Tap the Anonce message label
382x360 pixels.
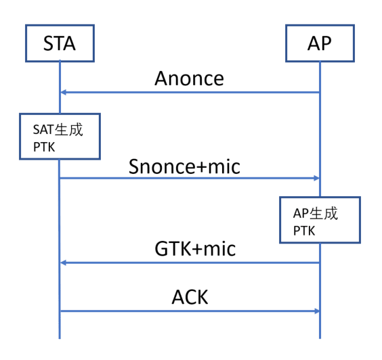point(189,78)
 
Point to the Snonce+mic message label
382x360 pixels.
point(184,166)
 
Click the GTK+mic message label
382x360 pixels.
point(195,248)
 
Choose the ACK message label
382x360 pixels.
point(190,297)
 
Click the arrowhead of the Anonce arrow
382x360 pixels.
point(63,92)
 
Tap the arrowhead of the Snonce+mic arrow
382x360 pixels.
point(317,178)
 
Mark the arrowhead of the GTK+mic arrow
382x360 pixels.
point(63,263)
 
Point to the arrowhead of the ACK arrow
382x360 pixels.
point(317,311)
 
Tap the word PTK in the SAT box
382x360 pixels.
point(44,147)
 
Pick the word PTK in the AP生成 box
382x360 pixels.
point(304,231)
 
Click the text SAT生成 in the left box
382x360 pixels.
point(58,129)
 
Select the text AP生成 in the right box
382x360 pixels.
point(316,213)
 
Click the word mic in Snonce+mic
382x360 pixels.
point(224,166)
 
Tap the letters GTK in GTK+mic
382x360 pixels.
point(173,248)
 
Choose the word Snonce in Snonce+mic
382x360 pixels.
point(163,166)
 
